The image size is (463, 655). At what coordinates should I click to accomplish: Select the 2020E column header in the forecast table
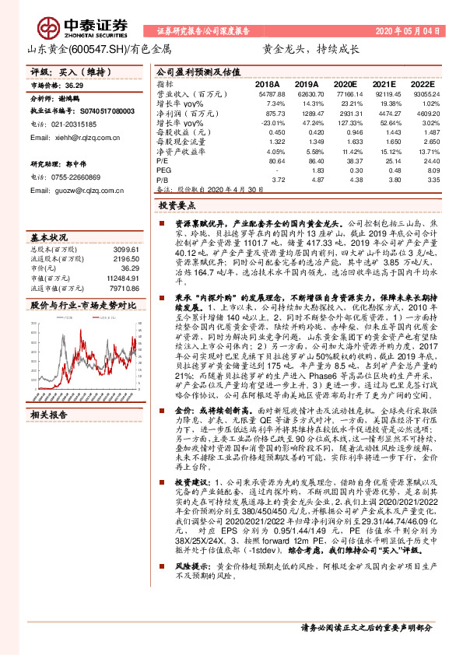(342, 83)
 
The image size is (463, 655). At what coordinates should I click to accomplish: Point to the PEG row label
(163, 169)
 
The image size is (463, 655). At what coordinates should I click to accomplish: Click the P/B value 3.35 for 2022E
(423, 179)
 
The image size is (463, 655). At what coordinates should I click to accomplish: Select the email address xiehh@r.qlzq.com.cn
(75, 137)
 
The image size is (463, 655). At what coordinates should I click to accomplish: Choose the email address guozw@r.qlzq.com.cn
(76, 190)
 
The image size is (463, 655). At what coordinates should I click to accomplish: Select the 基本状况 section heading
(48, 236)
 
